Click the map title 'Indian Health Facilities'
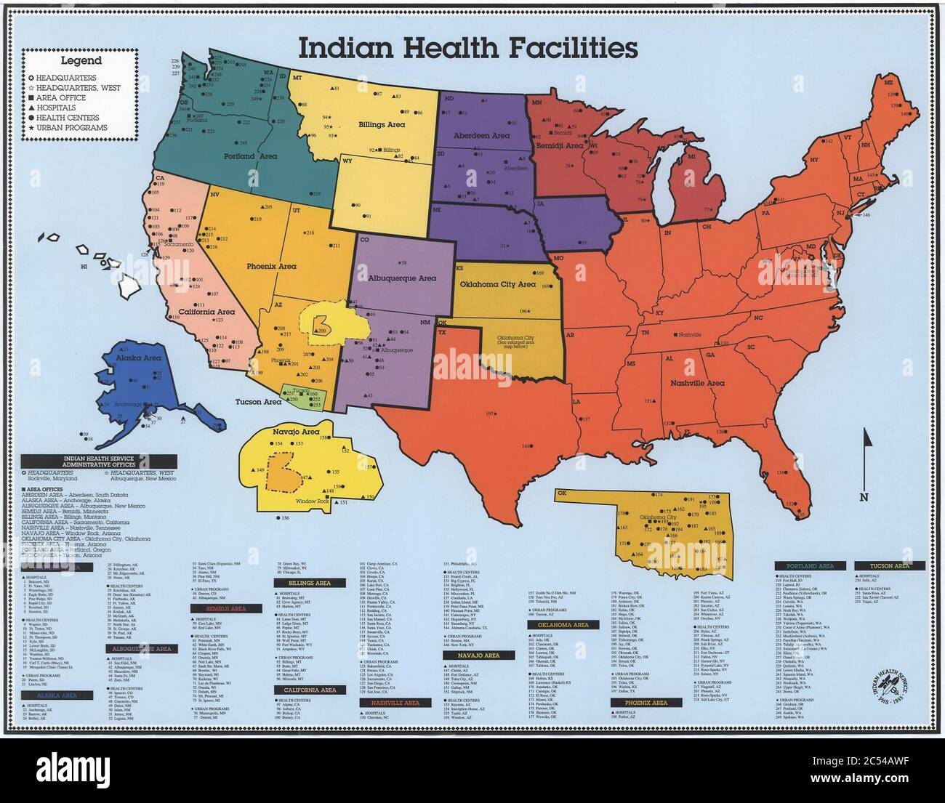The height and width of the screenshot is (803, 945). (x=468, y=49)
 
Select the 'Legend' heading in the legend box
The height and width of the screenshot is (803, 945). (x=81, y=61)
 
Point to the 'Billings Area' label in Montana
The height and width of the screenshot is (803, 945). (x=382, y=124)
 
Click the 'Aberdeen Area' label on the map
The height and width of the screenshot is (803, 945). (x=480, y=136)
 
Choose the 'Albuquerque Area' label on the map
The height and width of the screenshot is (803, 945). (x=403, y=278)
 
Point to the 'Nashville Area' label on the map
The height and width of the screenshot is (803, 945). (x=696, y=383)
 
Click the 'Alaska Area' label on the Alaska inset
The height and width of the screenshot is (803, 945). (x=141, y=358)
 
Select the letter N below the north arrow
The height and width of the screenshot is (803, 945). (x=864, y=497)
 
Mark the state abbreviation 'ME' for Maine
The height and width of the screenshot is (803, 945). (x=888, y=83)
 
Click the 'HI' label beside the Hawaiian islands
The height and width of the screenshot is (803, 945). (x=84, y=267)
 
